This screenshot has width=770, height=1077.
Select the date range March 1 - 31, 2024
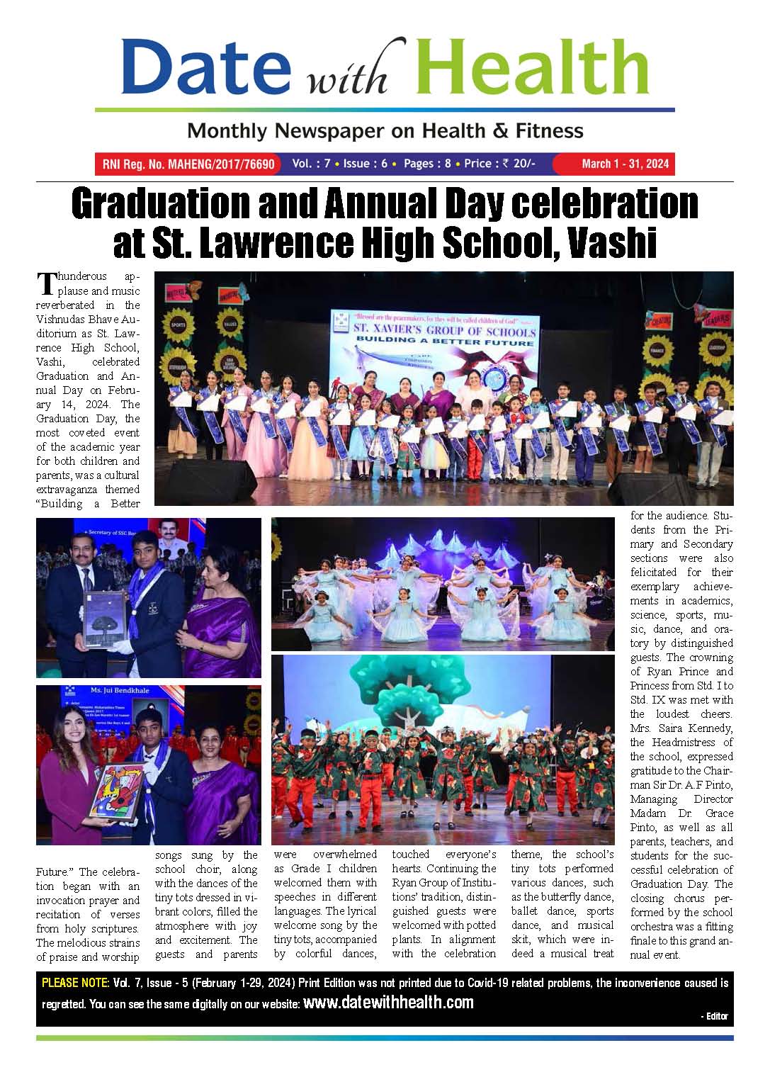pyautogui.click(x=625, y=164)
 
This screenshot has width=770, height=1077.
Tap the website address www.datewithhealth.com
pyautogui.click(x=388, y=1003)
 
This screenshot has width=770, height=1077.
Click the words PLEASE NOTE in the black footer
pyautogui.click(x=75, y=983)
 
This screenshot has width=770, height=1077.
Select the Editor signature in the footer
pyautogui.click(x=716, y=1016)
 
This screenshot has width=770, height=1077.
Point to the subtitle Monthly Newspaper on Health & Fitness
pyautogui.click(x=385, y=131)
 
